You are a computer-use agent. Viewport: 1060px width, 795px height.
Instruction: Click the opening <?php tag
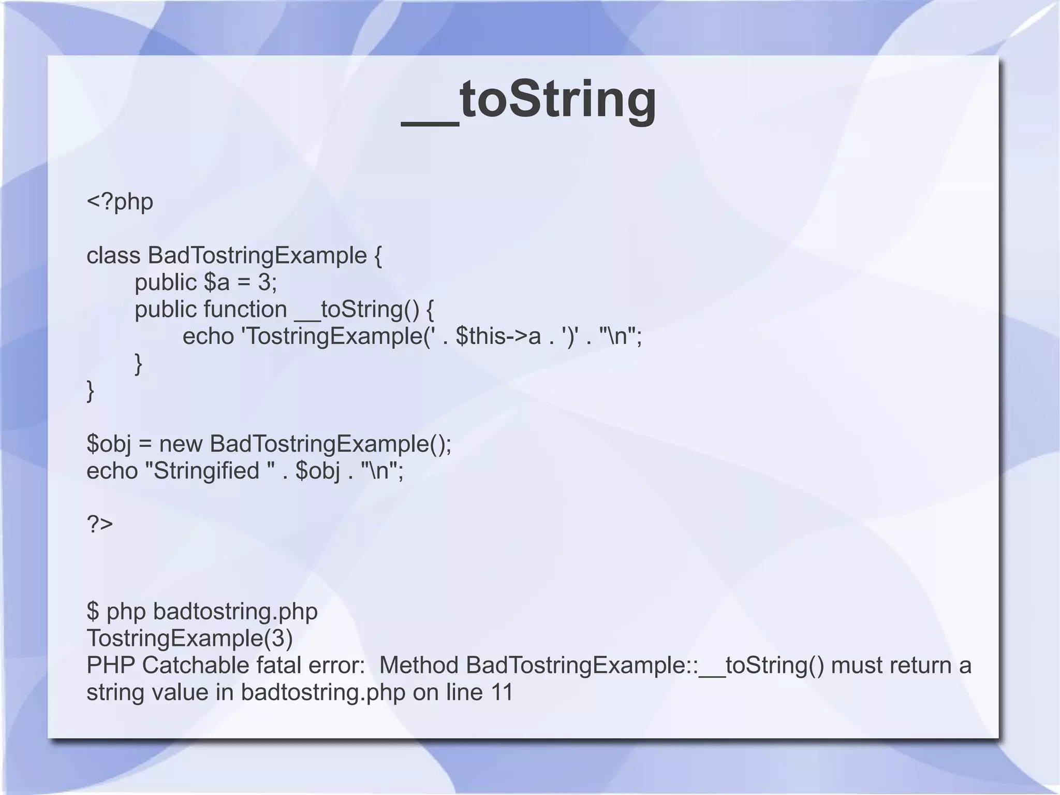point(120,201)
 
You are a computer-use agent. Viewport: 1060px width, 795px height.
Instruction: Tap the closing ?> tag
point(99,524)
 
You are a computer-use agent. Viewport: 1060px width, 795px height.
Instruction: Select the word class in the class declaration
point(113,256)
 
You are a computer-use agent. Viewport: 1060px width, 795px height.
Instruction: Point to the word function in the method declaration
point(245,310)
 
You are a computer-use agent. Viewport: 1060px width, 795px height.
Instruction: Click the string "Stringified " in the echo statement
point(210,471)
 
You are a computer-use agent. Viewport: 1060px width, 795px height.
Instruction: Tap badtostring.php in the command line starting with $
point(235,612)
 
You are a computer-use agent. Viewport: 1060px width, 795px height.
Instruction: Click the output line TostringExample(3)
point(189,639)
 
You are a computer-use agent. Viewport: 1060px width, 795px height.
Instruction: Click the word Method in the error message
point(419,666)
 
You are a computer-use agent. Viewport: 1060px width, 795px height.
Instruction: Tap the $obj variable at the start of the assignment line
point(109,444)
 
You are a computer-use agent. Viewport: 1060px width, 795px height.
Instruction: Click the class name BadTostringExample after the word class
point(257,256)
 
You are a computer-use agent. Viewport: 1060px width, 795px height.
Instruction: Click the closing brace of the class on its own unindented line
point(91,391)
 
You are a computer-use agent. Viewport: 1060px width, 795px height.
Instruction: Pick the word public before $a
point(166,283)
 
